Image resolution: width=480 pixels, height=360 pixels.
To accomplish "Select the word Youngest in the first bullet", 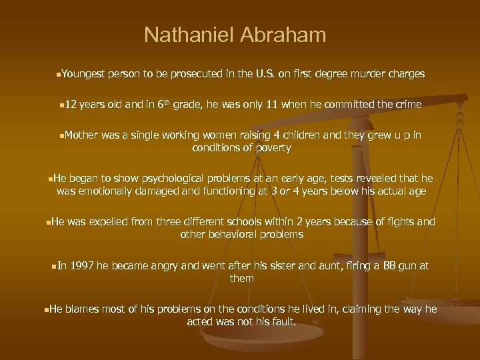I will click(85, 75).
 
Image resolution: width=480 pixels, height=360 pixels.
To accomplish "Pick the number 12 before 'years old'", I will click(71, 105).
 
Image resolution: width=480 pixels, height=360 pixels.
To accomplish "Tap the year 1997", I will click(81, 266).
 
